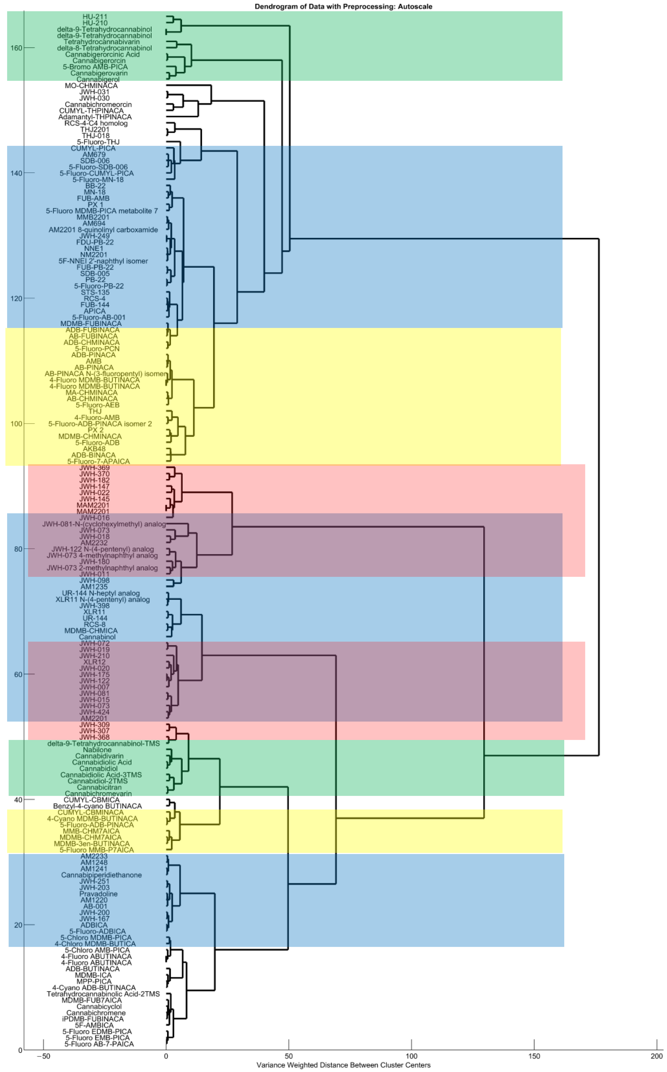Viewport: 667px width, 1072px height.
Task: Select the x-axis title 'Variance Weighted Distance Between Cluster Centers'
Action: click(x=343, y=1065)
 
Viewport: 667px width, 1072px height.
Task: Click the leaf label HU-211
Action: click(x=95, y=17)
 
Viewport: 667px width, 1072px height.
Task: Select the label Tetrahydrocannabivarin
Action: click(x=101, y=42)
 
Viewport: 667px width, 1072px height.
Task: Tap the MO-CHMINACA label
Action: click(x=91, y=86)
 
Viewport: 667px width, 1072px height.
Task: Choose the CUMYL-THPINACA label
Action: click(x=91, y=111)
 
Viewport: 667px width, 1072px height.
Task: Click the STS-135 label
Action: click(x=95, y=292)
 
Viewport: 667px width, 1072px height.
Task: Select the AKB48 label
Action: click(x=94, y=449)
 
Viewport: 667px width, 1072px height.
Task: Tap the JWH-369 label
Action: click(x=94, y=468)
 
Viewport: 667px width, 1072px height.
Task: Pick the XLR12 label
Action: click(x=94, y=662)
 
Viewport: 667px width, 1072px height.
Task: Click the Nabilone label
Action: click(x=97, y=750)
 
